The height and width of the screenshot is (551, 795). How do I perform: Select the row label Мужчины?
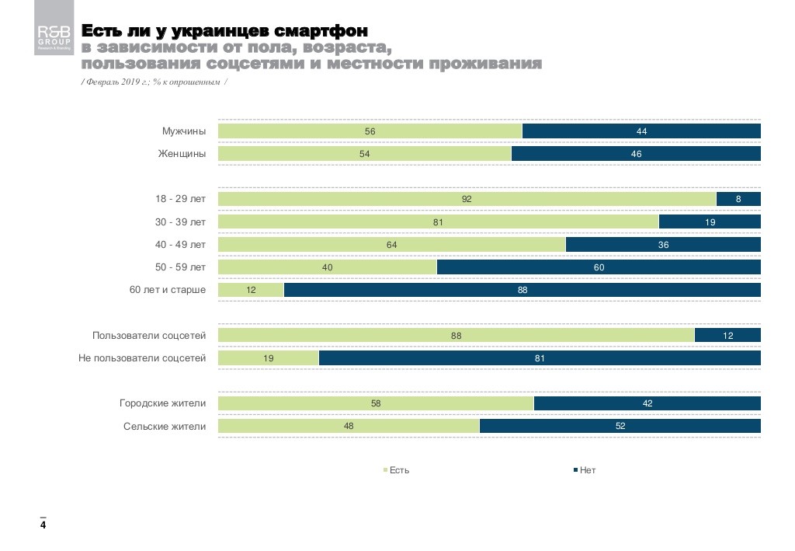(x=184, y=131)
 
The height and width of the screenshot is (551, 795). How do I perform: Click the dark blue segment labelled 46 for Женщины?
(x=636, y=154)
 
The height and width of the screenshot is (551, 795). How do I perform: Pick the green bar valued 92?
(x=467, y=199)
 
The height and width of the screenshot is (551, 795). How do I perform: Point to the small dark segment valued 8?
(x=738, y=199)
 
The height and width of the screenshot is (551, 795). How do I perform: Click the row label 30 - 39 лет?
(x=181, y=222)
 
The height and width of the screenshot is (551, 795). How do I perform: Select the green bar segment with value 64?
(x=391, y=245)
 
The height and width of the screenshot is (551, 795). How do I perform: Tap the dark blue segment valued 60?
(x=599, y=267)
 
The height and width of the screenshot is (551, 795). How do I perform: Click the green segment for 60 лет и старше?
(x=251, y=290)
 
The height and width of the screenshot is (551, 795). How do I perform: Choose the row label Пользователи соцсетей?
(x=149, y=336)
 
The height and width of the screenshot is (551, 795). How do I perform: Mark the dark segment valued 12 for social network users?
(x=727, y=336)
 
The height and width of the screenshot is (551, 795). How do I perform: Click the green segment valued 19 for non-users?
(x=268, y=358)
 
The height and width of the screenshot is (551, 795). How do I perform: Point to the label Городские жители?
(x=162, y=403)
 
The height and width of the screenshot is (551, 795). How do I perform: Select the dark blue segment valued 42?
(x=647, y=403)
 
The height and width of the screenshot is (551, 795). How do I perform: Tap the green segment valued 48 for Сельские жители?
(x=349, y=426)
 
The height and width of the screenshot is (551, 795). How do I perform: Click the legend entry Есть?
(x=397, y=471)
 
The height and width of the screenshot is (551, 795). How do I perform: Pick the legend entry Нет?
(x=585, y=471)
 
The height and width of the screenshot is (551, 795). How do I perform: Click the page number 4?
(x=43, y=526)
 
